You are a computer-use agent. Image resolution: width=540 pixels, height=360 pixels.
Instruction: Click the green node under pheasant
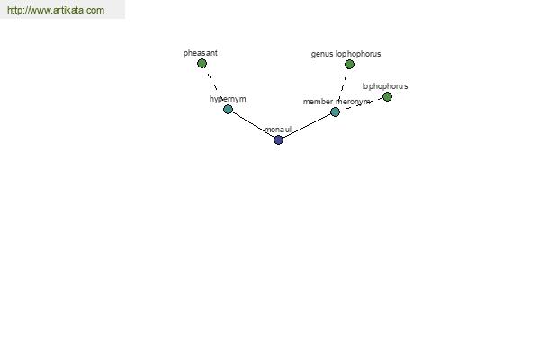pyautogui.click(x=202, y=63)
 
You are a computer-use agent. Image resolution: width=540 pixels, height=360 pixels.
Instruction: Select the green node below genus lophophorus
pyautogui.click(x=349, y=64)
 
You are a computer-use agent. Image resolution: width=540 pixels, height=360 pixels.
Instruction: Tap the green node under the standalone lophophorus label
pyautogui.click(x=387, y=97)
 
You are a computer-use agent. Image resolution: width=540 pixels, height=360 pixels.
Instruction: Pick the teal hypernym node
pyautogui.click(x=228, y=109)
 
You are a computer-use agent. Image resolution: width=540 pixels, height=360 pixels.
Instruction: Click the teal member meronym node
pyautogui.click(x=335, y=112)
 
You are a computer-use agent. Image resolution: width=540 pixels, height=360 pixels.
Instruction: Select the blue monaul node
pyautogui.click(x=279, y=139)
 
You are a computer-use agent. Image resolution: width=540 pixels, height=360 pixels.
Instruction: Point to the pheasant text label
pyautogui.click(x=201, y=53)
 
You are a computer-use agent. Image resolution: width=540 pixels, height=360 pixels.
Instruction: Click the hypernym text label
pyautogui.click(x=228, y=99)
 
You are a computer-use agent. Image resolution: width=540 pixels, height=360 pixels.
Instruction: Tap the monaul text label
pyautogui.click(x=278, y=130)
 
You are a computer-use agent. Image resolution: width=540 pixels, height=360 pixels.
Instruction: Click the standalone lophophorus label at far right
pyautogui.click(x=385, y=86)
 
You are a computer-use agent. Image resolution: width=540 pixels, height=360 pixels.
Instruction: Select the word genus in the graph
pyautogui.click(x=322, y=54)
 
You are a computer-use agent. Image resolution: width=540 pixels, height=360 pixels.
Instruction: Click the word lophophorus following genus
pyautogui.click(x=358, y=54)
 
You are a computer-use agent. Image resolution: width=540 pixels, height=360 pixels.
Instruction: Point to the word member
pyautogui.click(x=318, y=102)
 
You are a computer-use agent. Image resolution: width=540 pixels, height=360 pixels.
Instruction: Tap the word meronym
pyautogui.click(x=353, y=102)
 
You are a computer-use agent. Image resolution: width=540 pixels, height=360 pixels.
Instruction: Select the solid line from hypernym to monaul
pyautogui.click(x=253, y=124)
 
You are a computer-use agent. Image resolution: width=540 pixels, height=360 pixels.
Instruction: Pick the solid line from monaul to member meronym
pyautogui.click(x=307, y=126)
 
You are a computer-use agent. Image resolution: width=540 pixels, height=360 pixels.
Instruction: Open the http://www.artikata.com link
pyautogui.click(x=56, y=10)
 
